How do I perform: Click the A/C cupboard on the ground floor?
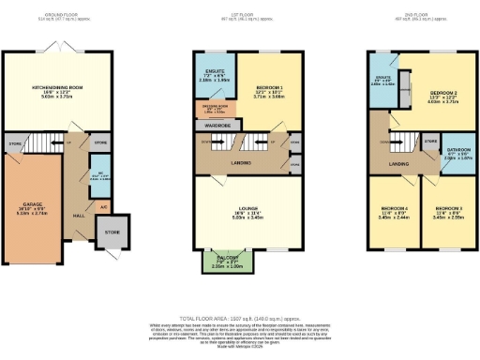point(103,205)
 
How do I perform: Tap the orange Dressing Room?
point(214,107)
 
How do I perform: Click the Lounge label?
point(241,212)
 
